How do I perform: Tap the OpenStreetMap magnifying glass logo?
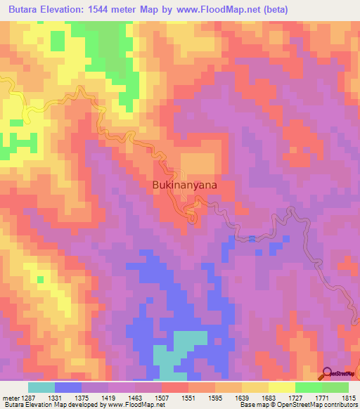328,374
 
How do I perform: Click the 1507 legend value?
162,398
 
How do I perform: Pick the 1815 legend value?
349,398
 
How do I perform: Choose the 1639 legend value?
242,398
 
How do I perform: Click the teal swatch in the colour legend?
41,387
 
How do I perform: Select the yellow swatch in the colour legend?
281,387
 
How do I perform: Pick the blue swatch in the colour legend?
67,387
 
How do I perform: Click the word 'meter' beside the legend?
8,398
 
